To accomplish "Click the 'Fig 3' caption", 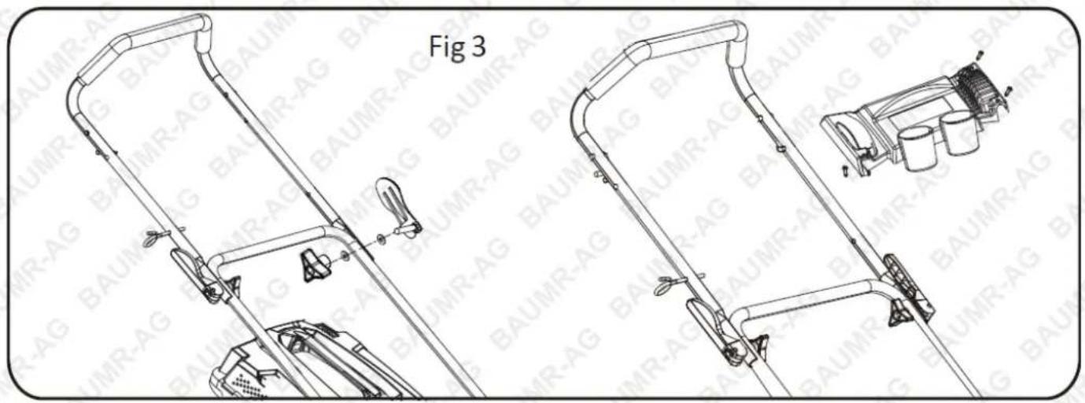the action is [x=457, y=47].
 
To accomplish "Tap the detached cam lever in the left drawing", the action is [x=399, y=206].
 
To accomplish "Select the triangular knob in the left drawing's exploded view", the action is [x=316, y=265].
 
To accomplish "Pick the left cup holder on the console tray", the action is [x=917, y=148].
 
